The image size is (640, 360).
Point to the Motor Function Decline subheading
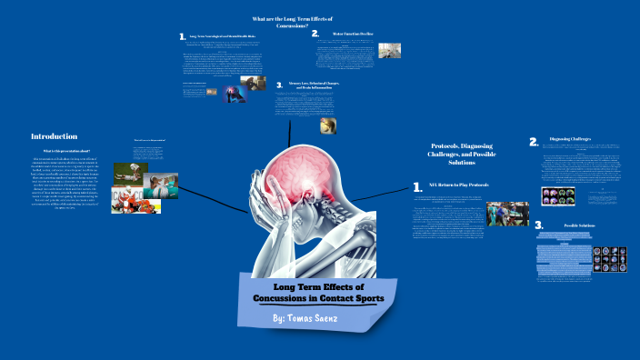click(355, 34)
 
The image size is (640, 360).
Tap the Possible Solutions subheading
click(585, 224)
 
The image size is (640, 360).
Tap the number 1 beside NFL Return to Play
click(417, 187)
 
